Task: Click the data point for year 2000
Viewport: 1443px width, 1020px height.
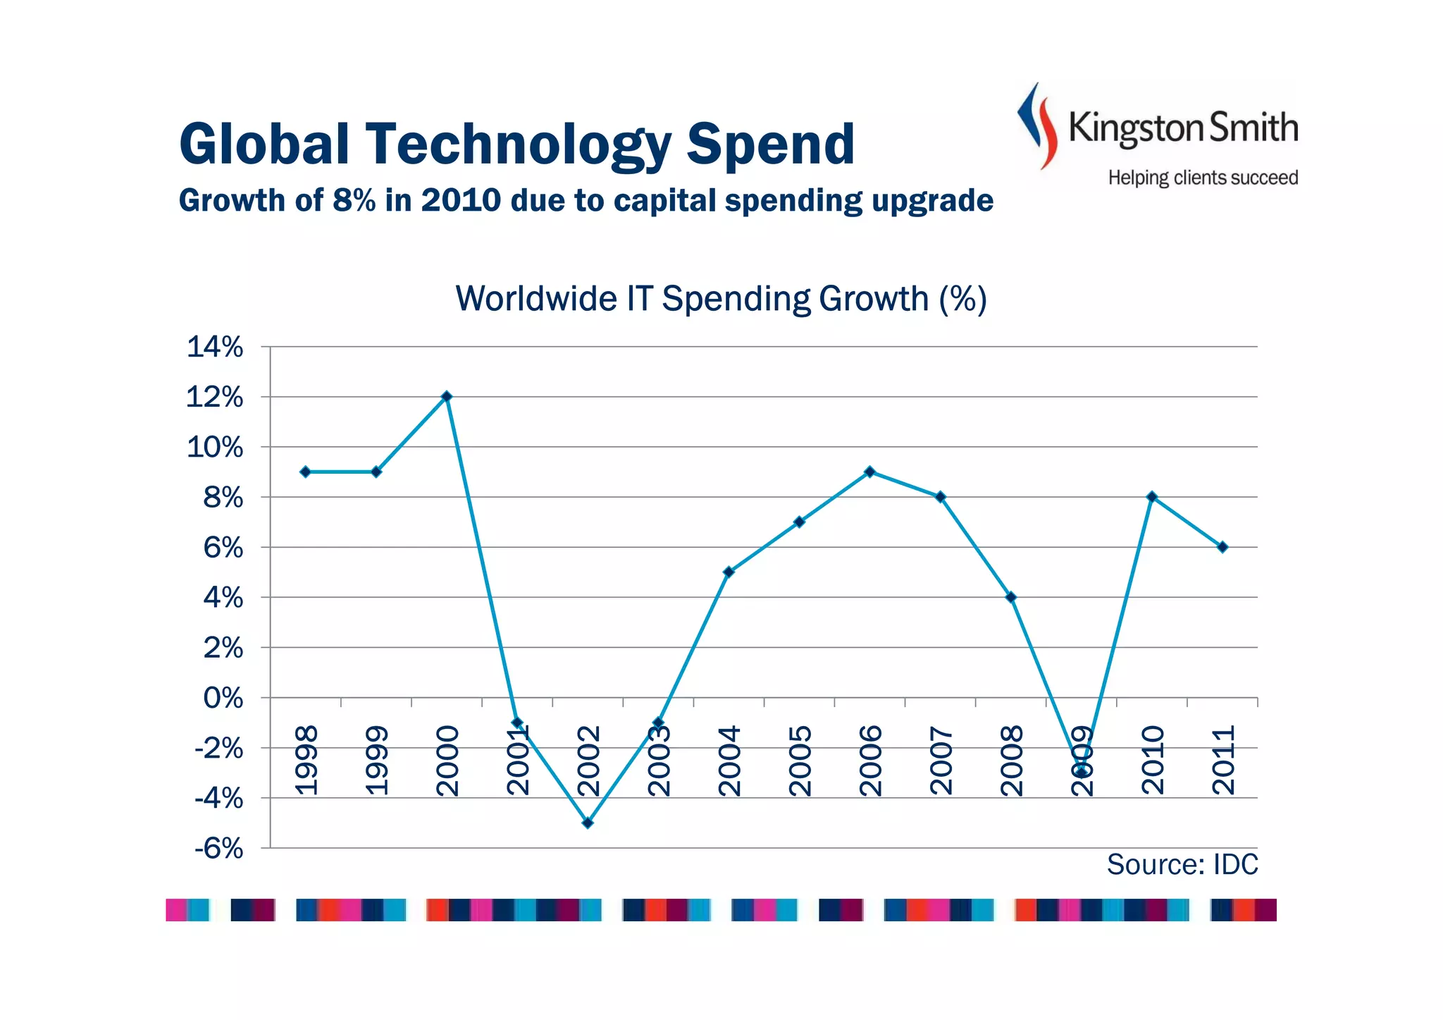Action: (447, 397)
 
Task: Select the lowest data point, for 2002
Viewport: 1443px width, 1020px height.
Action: (588, 823)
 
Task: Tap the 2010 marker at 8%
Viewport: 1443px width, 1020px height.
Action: (1152, 497)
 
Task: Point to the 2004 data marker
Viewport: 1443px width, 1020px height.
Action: (729, 572)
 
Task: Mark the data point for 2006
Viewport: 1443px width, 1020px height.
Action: (869, 472)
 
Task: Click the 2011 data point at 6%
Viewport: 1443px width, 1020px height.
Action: (1222, 547)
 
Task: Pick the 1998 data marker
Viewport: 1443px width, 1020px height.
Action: (305, 472)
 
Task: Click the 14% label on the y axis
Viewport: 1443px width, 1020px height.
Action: (215, 348)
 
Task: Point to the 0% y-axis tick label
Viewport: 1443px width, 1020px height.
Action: (223, 699)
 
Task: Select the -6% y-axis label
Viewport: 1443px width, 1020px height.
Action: (218, 849)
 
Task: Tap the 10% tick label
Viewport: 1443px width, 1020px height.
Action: (215, 448)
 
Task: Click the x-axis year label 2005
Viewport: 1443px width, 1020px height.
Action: (800, 761)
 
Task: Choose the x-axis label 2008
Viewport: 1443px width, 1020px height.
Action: (1012, 761)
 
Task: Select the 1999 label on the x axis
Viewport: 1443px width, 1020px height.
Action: (378, 761)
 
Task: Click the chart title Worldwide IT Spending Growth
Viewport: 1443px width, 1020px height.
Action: (721, 299)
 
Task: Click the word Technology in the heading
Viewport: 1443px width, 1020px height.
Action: (518, 145)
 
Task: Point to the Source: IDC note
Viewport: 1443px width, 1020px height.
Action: (1182, 865)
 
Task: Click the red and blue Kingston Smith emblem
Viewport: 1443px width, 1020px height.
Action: (1037, 125)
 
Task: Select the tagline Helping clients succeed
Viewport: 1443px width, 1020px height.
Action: (1203, 178)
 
